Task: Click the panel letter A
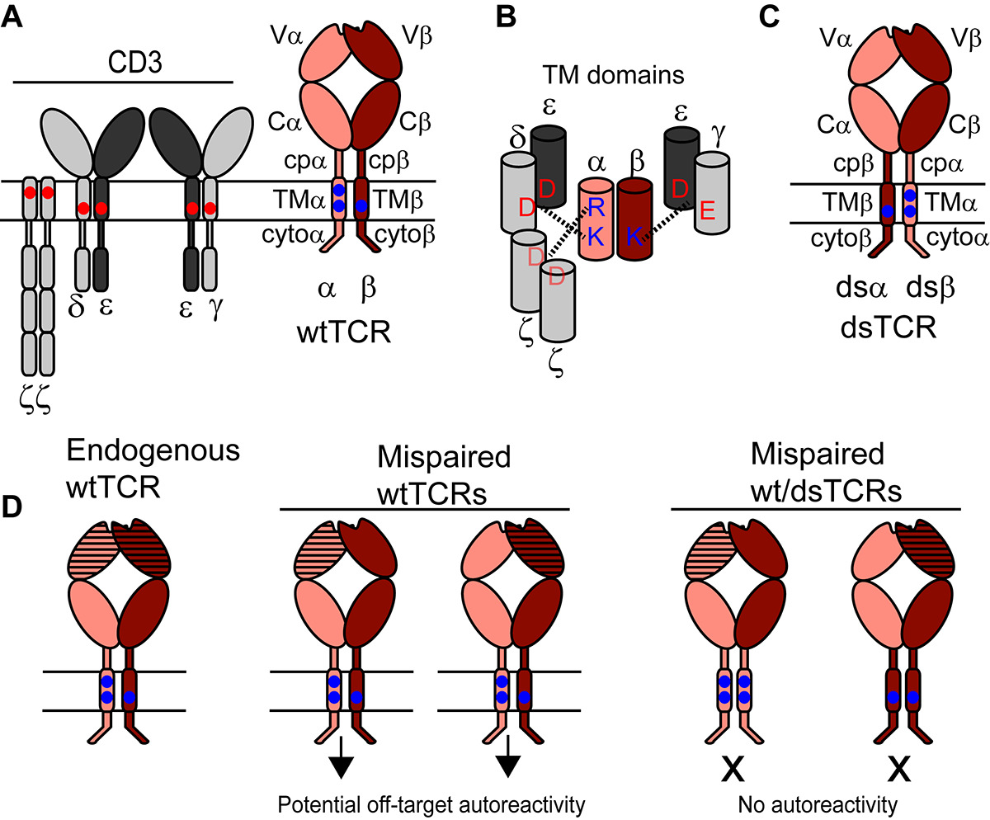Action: (x=12, y=18)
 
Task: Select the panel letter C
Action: (x=769, y=18)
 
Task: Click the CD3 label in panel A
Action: (x=124, y=64)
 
